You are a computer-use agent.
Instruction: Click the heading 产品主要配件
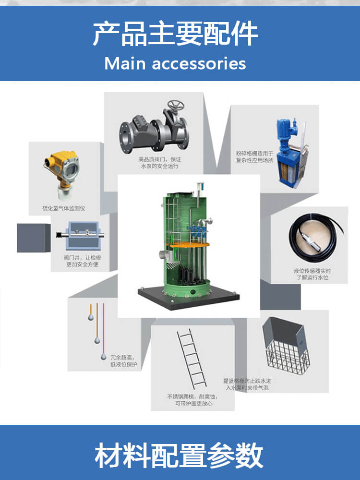pyautogui.click(x=175, y=34)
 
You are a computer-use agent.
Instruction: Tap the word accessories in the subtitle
pyautogui.click(x=199, y=64)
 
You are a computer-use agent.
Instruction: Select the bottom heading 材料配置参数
pyautogui.click(x=179, y=456)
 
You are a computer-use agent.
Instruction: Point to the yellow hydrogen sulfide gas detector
pyautogui.click(x=62, y=171)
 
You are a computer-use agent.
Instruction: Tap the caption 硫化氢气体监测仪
pyautogui.click(x=64, y=208)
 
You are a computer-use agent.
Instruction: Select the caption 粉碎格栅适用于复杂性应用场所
pyautogui.click(x=254, y=156)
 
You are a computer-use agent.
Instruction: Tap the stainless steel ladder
pyautogui.click(x=192, y=358)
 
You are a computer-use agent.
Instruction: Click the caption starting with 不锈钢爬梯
pyautogui.click(x=193, y=400)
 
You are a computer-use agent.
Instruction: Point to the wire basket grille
pyautogui.click(x=286, y=346)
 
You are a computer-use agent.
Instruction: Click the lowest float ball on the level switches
pyautogui.click(x=104, y=356)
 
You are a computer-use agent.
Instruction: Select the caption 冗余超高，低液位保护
pyautogui.click(x=124, y=360)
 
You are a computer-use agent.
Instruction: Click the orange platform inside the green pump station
pyautogui.click(x=190, y=245)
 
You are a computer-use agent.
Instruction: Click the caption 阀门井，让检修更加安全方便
pyautogui.click(x=83, y=261)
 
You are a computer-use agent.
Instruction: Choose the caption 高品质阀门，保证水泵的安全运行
pyautogui.click(x=159, y=163)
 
